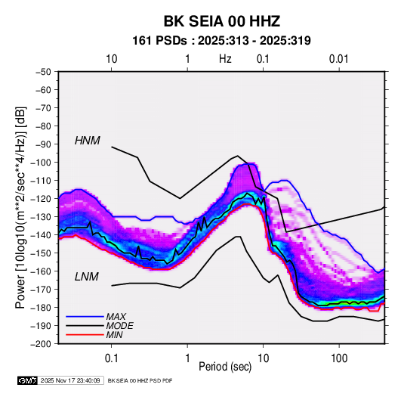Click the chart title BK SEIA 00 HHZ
coord(222,21)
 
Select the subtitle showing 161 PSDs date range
coord(221,41)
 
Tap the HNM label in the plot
coord(88,141)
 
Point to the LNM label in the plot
coord(87,277)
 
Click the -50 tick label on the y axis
coord(43,72)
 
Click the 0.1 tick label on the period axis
coord(111,358)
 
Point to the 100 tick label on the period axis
coord(339,358)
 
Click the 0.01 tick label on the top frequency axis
coord(338,59)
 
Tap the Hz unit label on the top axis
coord(225,59)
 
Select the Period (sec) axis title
coord(225,367)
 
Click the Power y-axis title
coord(20,207)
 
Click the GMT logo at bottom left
coord(27,380)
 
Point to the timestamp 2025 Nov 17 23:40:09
coord(70,380)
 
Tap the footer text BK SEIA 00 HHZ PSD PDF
coord(140,380)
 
